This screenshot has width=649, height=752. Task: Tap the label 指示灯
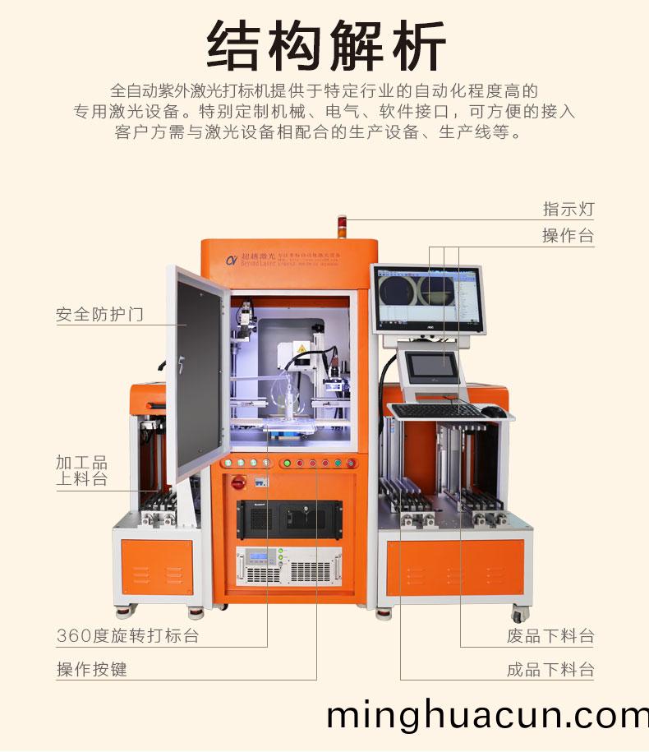click(568, 209)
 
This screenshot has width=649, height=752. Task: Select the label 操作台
click(568, 236)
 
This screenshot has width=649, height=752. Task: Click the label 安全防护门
click(99, 314)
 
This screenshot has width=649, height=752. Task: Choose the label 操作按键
click(92, 669)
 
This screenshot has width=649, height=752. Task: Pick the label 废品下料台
click(550, 635)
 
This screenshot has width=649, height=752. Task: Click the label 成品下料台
click(550, 669)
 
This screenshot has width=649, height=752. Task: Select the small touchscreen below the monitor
click(434, 367)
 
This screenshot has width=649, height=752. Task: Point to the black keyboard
click(435, 409)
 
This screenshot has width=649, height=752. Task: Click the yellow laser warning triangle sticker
click(301, 350)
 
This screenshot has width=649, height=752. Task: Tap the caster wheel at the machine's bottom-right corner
click(519, 613)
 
